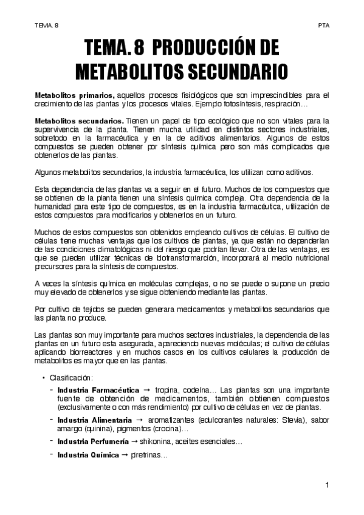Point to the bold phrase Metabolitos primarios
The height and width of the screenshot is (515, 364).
pyautogui.click(x=74, y=95)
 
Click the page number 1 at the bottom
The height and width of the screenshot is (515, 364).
pyautogui.click(x=327, y=485)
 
